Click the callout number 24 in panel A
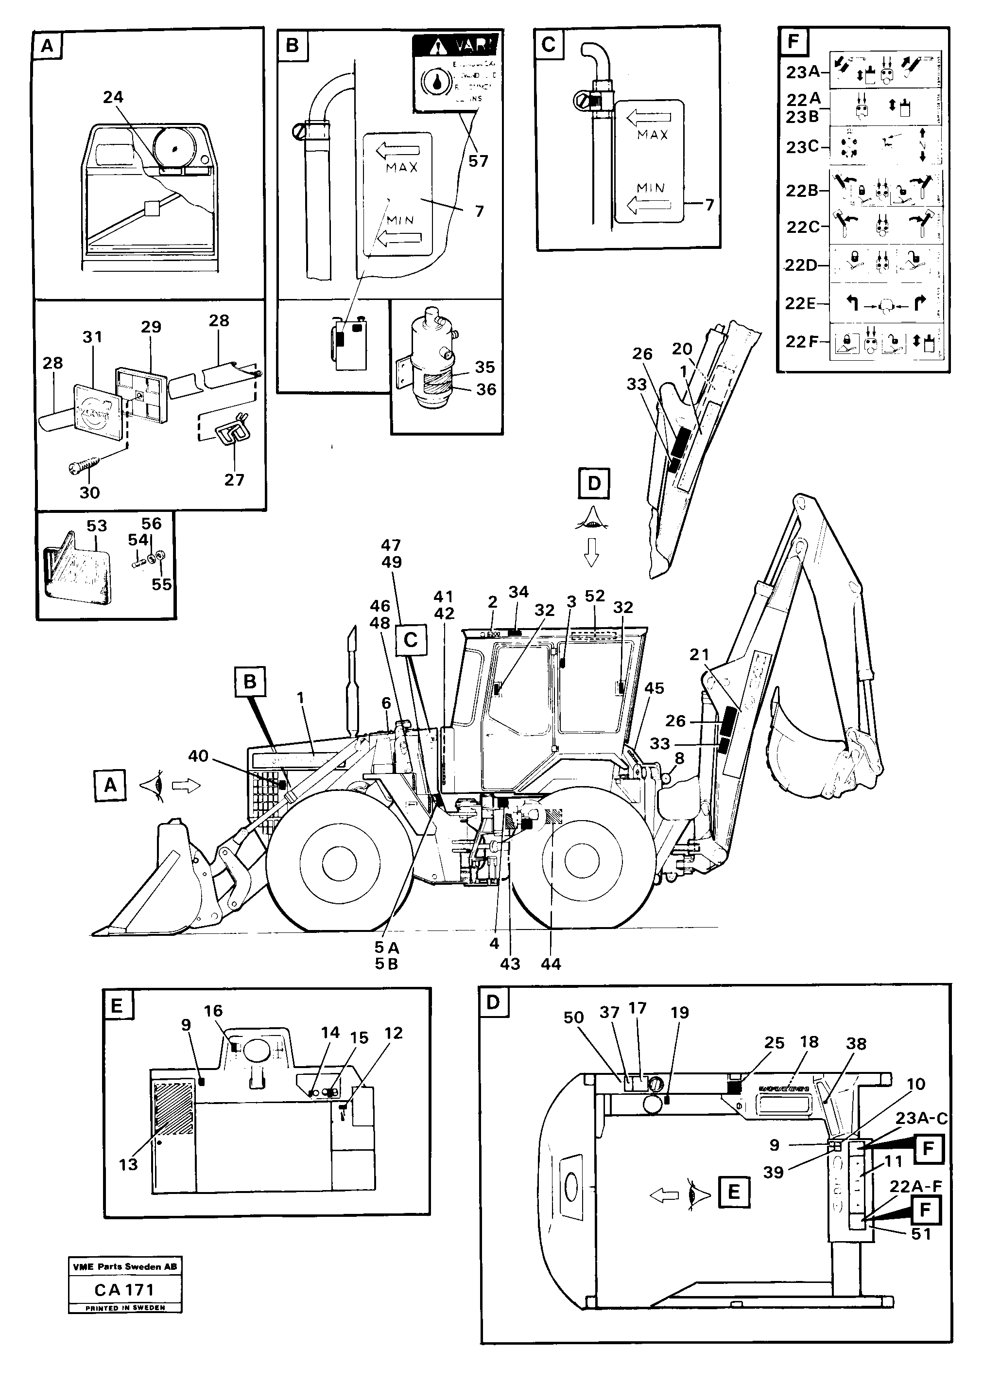113,98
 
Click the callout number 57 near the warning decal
478,161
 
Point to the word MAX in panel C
653,135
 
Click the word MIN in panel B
400,220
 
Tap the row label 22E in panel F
800,303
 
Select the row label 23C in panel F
803,147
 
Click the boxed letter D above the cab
594,483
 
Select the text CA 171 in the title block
124,1290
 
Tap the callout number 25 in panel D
774,1043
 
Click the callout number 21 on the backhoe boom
699,654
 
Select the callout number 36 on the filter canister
486,389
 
